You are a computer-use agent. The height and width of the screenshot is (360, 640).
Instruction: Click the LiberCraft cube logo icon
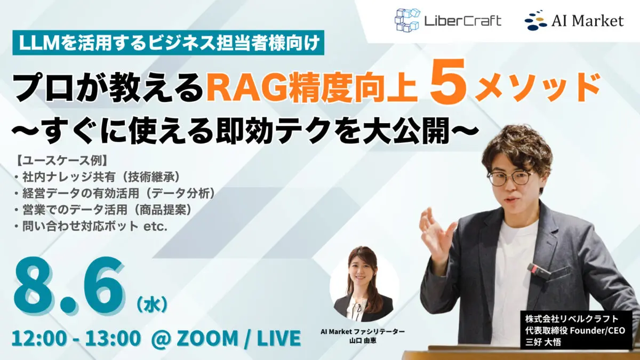click(407, 20)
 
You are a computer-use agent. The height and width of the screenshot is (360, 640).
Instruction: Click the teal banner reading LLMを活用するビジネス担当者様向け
click(169, 44)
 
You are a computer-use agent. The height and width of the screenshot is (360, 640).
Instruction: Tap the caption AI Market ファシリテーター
click(363, 332)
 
